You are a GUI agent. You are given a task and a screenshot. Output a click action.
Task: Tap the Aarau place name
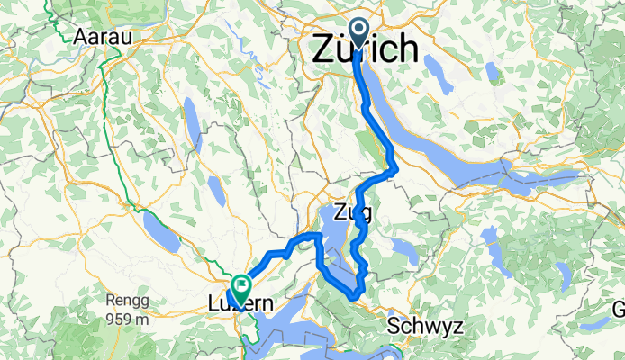(x=104, y=37)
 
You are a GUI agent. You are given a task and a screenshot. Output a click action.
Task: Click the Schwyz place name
(x=427, y=326)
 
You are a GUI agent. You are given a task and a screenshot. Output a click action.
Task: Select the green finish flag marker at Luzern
(x=240, y=288)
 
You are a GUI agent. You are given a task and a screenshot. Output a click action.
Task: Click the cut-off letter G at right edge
(x=620, y=309)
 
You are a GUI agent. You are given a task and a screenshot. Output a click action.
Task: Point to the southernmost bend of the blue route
(x=356, y=295)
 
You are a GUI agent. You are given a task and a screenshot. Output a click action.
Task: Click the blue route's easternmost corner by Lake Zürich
(x=394, y=167)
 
